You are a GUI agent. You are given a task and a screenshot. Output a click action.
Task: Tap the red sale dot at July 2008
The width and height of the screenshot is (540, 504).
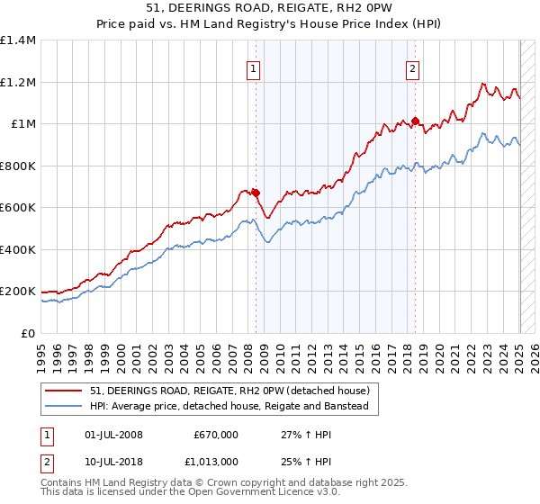[x=256, y=192]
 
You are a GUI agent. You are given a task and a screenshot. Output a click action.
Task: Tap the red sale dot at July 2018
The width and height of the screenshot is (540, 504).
[x=415, y=121]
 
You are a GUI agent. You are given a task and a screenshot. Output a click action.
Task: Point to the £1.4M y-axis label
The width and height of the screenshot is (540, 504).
[x=18, y=40]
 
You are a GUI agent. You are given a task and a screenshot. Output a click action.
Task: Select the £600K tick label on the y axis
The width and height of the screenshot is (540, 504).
[x=18, y=208]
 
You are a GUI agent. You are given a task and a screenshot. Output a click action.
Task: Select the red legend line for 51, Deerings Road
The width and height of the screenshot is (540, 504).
[x=64, y=391]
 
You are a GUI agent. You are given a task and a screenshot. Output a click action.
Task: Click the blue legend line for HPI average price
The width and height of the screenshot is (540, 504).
[x=64, y=407]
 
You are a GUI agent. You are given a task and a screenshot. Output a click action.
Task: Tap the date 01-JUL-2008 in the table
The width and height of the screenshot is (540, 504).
[x=112, y=435]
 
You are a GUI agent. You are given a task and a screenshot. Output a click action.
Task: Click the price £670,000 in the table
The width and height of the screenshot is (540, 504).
[x=216, y=435]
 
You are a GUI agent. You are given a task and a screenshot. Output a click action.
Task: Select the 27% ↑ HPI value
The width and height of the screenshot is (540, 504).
[x=301, y=435]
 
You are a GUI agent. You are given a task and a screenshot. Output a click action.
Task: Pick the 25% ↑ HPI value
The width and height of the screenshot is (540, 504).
[x=301, y=461]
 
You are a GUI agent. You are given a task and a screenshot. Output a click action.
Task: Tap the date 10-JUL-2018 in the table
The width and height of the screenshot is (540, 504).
[x=112, y=461]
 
